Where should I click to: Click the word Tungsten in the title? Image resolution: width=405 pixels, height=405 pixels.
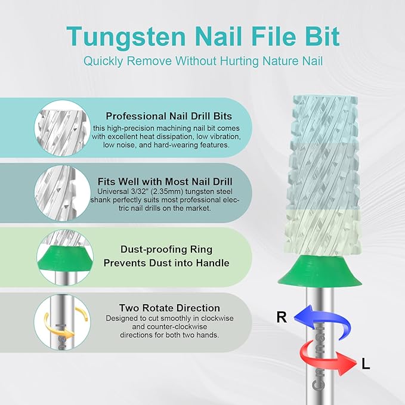point(126,37)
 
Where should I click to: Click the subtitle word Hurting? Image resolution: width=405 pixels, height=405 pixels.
point(239,61)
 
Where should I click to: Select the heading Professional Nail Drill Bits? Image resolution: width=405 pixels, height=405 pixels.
point(169,116)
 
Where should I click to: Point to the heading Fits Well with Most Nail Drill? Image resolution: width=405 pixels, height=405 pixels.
point(165,181)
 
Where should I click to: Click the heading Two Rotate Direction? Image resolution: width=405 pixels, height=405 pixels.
point(169,308)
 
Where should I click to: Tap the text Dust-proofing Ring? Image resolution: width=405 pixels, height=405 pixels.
point(166,249)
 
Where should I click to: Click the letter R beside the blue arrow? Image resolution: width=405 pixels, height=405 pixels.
point(282,317)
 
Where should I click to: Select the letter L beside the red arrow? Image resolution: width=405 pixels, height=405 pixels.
point(366,364)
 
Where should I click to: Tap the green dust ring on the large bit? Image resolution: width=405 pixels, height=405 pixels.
point(320,271)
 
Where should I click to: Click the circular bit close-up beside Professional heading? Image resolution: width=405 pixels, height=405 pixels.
point(63,128)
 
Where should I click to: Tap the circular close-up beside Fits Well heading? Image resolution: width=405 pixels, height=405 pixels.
point(63,193)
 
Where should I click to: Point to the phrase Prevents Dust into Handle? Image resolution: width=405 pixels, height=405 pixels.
point(166,263)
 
